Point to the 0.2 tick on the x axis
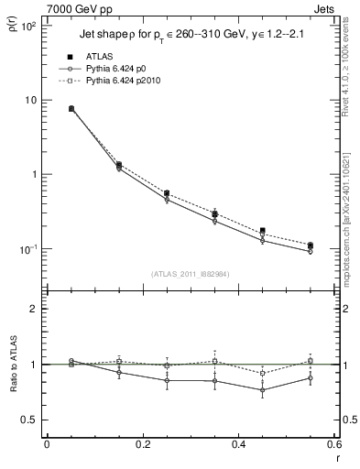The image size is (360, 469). tap(142, 446)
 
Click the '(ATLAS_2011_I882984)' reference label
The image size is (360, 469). tap(191, 273)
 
